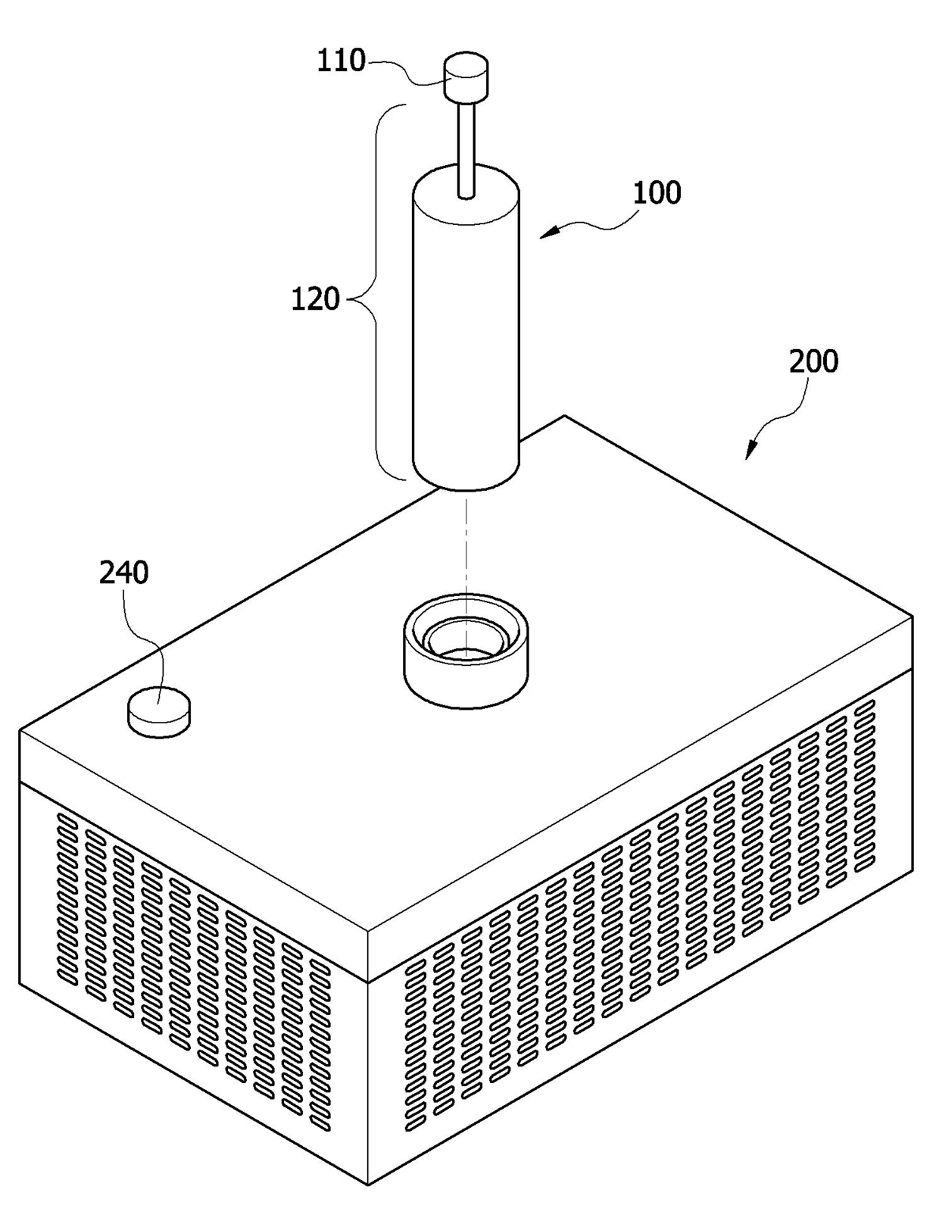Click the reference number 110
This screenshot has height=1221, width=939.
[341, 61]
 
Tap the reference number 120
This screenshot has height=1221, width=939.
[315, 300]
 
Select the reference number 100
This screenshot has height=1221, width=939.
[657, 193]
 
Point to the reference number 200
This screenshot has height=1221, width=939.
[813, 361]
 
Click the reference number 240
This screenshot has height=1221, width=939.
[123, 573]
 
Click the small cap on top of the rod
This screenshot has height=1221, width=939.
[465, 75]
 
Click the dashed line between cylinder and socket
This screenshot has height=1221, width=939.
[467, 545]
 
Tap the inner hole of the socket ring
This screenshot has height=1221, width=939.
[466, 651]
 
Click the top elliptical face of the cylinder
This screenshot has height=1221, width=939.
[466, 194]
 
